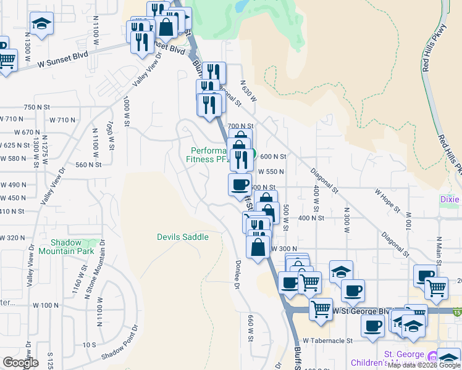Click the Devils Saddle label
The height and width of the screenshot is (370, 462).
pyautogui.click(x=182, y=237)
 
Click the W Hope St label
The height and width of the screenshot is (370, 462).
pyautogui.click(x=389, y=192)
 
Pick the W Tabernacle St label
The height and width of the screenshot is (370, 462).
pyautogui.click(x=327, y=340)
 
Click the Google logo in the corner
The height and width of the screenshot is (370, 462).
pyautogui.click(x=20, y=363)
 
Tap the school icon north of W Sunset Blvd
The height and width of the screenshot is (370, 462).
pyautogui.click(x=41, y=24)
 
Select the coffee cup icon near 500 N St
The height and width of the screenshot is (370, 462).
pyautogui.click(x=240, y=184)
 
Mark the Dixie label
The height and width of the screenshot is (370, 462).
pyautogui.click(x=450, y=199)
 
